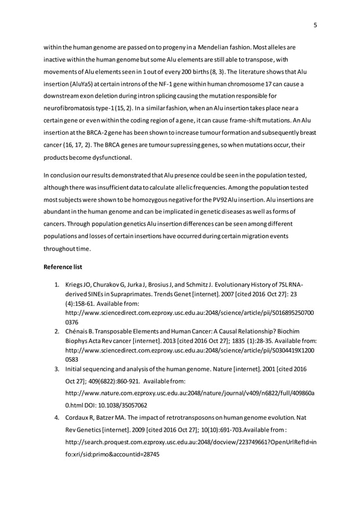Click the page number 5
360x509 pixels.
point(315,25)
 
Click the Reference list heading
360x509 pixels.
point(64,266)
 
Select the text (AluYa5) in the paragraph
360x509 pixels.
point(81,85)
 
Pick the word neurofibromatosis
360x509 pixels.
point(72,108)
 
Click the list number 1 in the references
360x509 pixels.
point(57,285)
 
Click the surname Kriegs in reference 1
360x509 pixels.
point(75,285)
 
